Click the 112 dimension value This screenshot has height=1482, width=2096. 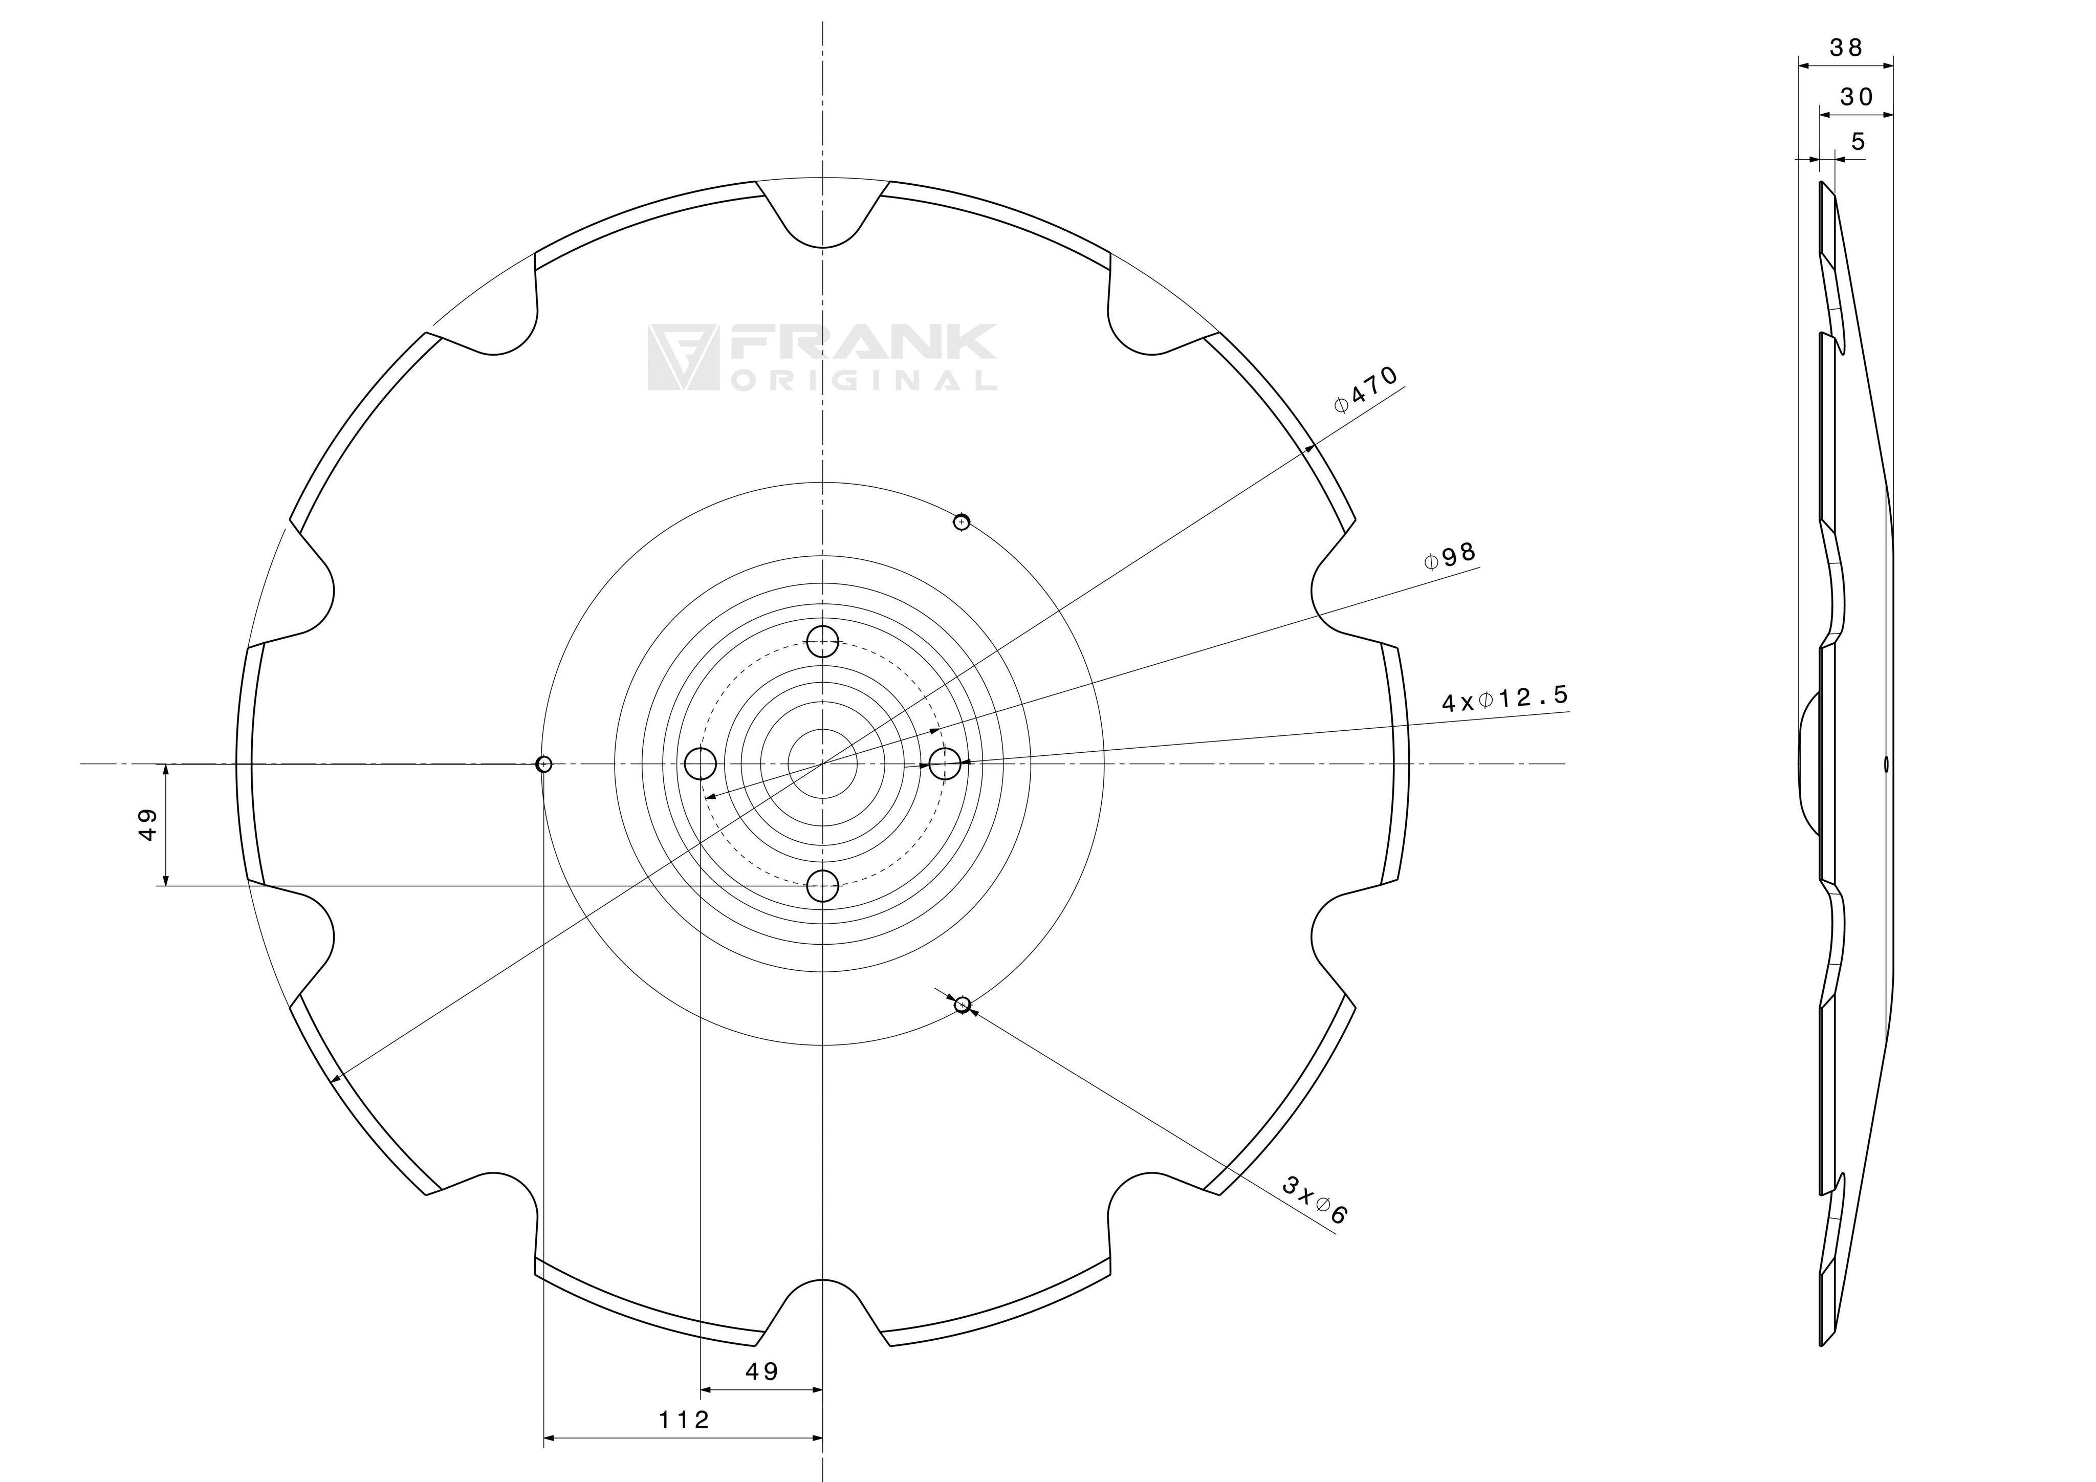pyautogui.click(x=684, y=1420)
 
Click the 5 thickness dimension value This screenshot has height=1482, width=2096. pyautogui.click(x=1858, y=142)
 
